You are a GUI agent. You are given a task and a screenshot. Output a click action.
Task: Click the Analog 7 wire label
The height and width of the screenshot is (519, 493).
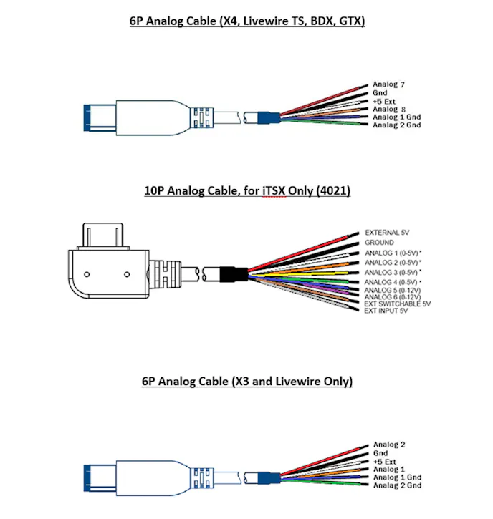389,85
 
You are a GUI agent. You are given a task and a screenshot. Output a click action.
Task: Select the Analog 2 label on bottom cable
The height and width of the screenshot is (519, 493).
389,445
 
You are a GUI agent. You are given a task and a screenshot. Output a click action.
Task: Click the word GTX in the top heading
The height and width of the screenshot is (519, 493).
350,21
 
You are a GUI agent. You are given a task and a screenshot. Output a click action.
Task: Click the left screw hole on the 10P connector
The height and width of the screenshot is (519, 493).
86,273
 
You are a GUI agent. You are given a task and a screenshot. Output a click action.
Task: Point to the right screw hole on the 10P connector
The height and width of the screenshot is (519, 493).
126,273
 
